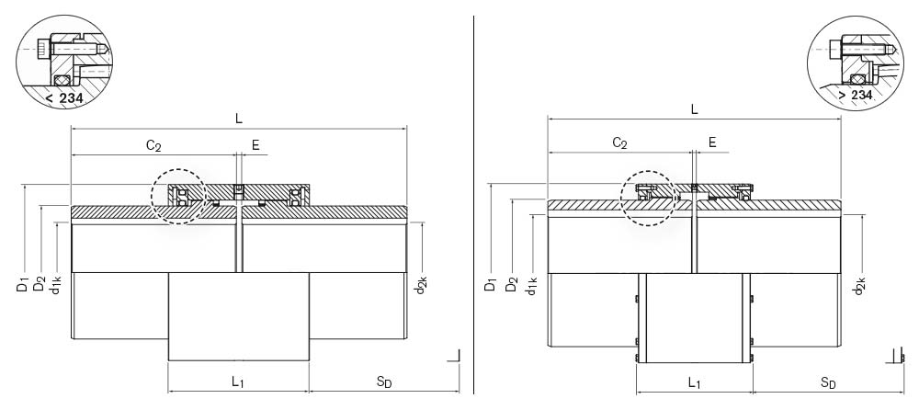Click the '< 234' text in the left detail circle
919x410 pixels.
(x=64, y=98)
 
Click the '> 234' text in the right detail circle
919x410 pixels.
(x=855, y=95)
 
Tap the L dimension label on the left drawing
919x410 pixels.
(x=239, y=118)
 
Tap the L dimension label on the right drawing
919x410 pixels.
(x=695, y=109)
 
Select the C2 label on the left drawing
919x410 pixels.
(x=153, y=145)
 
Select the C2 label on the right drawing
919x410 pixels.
(x=620, y=143)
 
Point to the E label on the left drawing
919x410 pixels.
(x=255, y=145)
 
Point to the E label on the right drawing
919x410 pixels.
(x=712, y=142)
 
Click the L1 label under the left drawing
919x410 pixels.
(x=237, y=382)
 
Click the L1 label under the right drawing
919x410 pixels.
(x=695, y=383)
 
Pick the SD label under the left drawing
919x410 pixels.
(x=384, y=382)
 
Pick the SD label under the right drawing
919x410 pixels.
(x=828, y=383)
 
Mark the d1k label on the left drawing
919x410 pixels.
(x=56, y=284)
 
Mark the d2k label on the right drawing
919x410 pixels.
(x=860, y=284)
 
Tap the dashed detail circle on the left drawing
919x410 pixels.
(x=178, y=197)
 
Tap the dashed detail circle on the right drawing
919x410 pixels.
(x=649, y=199)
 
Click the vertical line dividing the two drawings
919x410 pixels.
(x=473, y=205)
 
